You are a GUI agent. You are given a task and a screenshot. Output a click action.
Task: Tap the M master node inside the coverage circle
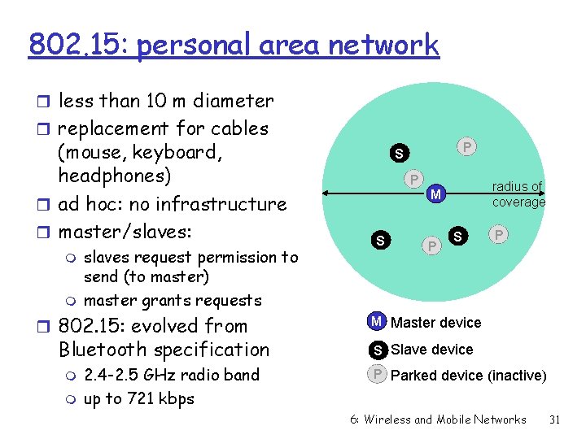point(436,194)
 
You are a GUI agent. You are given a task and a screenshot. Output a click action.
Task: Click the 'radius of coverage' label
point(518,194)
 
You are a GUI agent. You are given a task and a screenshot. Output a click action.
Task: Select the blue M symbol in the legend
point(377,322)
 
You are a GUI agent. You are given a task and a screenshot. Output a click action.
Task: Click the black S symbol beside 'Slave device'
point(377,350)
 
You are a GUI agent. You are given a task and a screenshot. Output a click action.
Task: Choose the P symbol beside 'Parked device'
point(377,375)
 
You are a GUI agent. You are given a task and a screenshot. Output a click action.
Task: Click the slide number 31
point(555,419)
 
